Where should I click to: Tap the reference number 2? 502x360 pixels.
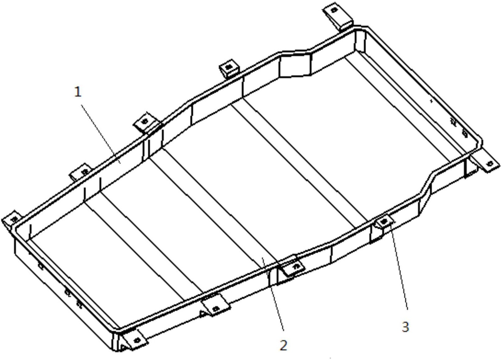(283, 345)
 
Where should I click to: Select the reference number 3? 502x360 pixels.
(405, 327)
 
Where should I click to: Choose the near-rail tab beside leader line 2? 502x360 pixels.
(294, 266)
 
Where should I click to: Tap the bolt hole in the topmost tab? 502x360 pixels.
(334, 10)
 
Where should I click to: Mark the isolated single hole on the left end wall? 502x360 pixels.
(40, 265)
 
